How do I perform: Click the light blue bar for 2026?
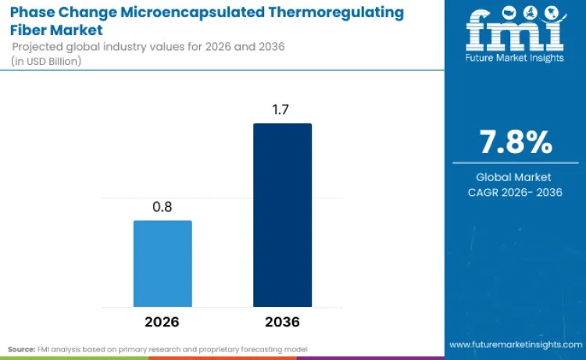coord(163,263)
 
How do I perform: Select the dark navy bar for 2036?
coord(282,215)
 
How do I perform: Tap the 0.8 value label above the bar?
coord(163,208)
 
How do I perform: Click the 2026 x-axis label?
coord(163,322)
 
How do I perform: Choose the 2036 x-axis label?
coord(282,322)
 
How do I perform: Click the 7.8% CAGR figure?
coord(514,143)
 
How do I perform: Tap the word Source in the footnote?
coord(21,348)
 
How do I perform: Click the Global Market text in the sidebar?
coord(513,177)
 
